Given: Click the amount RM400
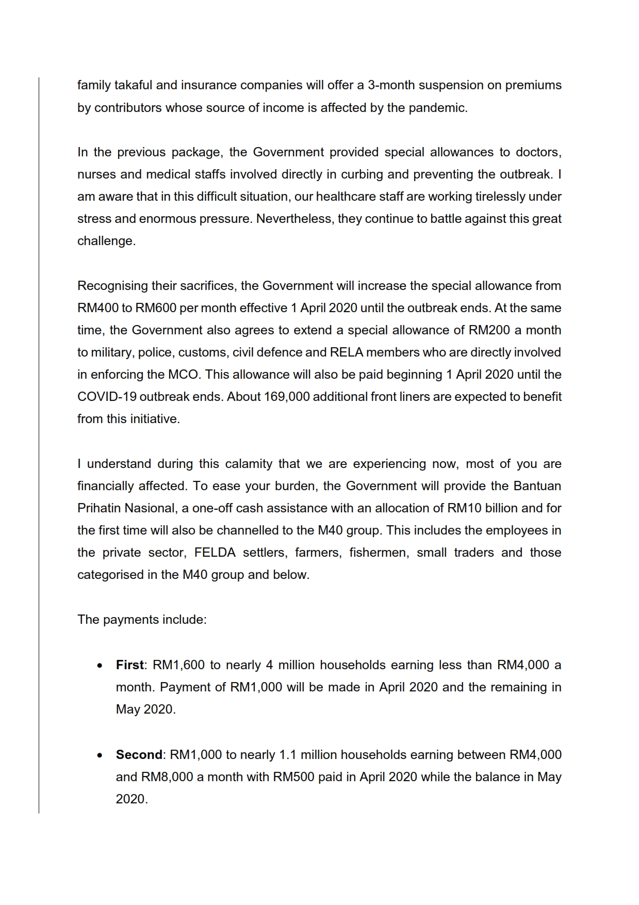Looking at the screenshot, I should point(97,308).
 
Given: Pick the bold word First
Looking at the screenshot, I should point(129,665).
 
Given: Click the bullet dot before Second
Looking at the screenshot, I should point(100,755).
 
